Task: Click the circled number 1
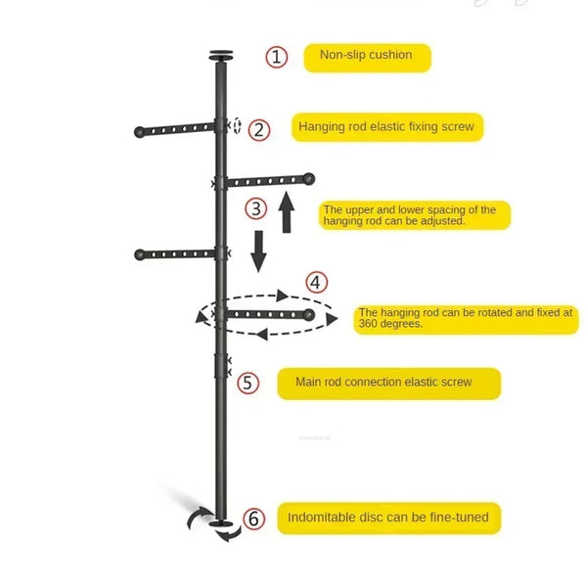(277, 57)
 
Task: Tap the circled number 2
(259, 130)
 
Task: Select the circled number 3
(256, 208)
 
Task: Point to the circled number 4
(317, 283)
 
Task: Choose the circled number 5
(248, 383)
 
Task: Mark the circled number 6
(253, 519)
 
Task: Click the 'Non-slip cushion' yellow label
(367, 58)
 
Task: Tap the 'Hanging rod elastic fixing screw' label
(387, 127)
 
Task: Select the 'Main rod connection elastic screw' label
(389, 384)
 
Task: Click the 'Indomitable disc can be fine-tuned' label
(389, 519)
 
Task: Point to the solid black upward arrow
(287, 212)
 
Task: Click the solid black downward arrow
(258, 251)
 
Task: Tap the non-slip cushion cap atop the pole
(221, 56)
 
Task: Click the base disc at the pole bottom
(221, 523)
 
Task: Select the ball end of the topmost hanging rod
(139, 132)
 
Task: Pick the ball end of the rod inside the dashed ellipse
(309, 315)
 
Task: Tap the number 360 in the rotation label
(368, 324)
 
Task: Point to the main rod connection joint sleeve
(220, 366)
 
